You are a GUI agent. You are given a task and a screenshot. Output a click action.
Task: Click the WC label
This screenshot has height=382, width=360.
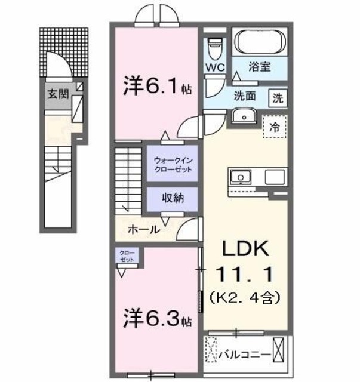[215, 67]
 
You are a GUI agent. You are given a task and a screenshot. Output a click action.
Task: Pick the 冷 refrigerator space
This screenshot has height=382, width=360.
[275, 126]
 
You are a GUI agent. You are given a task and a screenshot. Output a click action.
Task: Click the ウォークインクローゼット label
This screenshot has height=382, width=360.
[173, 165]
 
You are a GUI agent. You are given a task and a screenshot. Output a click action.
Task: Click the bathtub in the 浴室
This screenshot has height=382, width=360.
[261, 42]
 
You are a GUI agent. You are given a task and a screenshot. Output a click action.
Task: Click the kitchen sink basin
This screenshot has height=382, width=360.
[242, 178]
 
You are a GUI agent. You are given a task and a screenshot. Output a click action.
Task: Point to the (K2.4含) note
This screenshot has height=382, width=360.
[247, 295]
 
